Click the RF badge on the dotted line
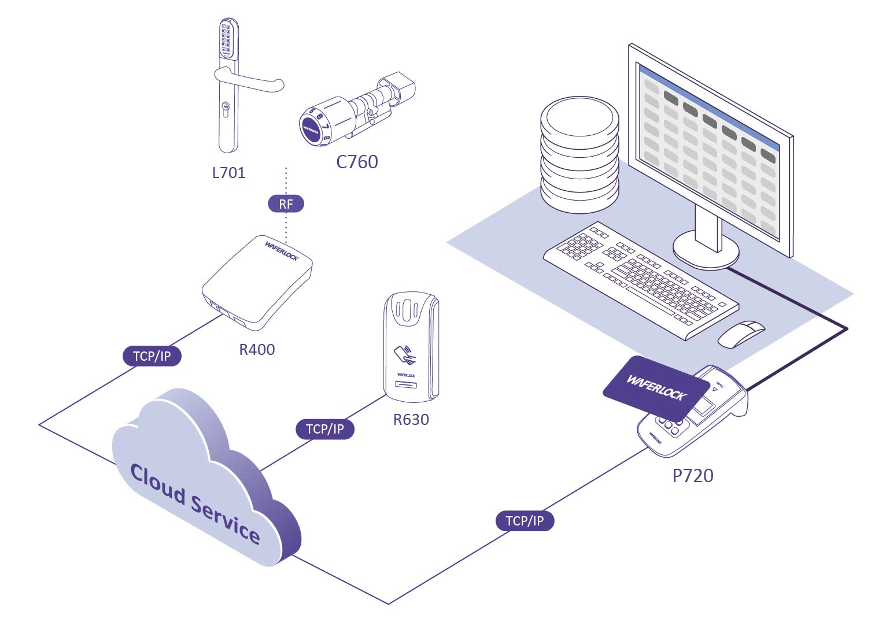[x=286, y=203]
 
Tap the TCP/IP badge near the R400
[x=152, y=356]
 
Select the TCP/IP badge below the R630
[x=324, y=429]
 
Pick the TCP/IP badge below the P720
[x=525, y=521]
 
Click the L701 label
[x=228, y=173]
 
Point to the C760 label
[x=357, y=162]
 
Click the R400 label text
[x=257, y=349]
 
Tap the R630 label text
[x=411, y=420]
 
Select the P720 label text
[x=692, y=475]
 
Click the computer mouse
[x=741, y=334]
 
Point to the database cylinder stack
[x=579, y=154]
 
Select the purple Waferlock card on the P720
[x=656, y=387]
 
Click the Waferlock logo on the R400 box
[x=282, y=250]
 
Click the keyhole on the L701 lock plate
[x=225, y=107]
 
